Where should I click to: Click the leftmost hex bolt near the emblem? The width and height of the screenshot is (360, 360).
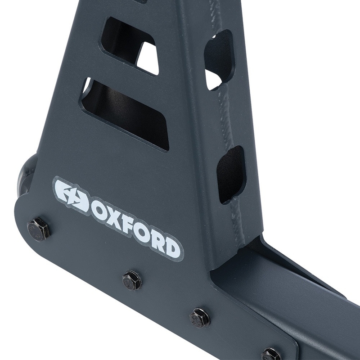(39, 229)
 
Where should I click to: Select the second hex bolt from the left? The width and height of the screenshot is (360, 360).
(132, 280)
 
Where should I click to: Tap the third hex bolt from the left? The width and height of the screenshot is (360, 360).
(199, 318)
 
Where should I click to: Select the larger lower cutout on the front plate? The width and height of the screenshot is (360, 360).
(126, 112)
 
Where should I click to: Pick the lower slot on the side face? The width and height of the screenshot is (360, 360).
(231, 173)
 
